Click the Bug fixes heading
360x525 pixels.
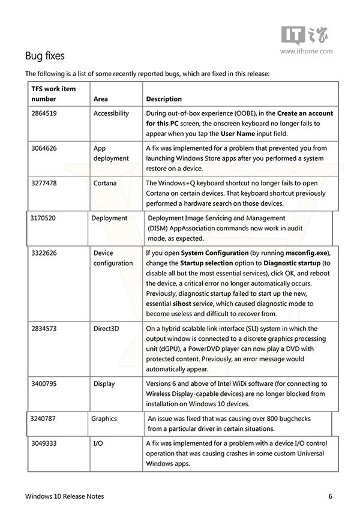point(45,56)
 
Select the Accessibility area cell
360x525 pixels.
point(111,113)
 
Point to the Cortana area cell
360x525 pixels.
point(105,182)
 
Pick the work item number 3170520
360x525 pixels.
point(43,218)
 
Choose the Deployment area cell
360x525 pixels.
point(109,218)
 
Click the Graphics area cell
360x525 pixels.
point(104,418)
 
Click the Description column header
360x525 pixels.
point(164,99)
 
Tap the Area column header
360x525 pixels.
point(101,99)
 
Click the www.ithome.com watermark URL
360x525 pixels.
point(306,52)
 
